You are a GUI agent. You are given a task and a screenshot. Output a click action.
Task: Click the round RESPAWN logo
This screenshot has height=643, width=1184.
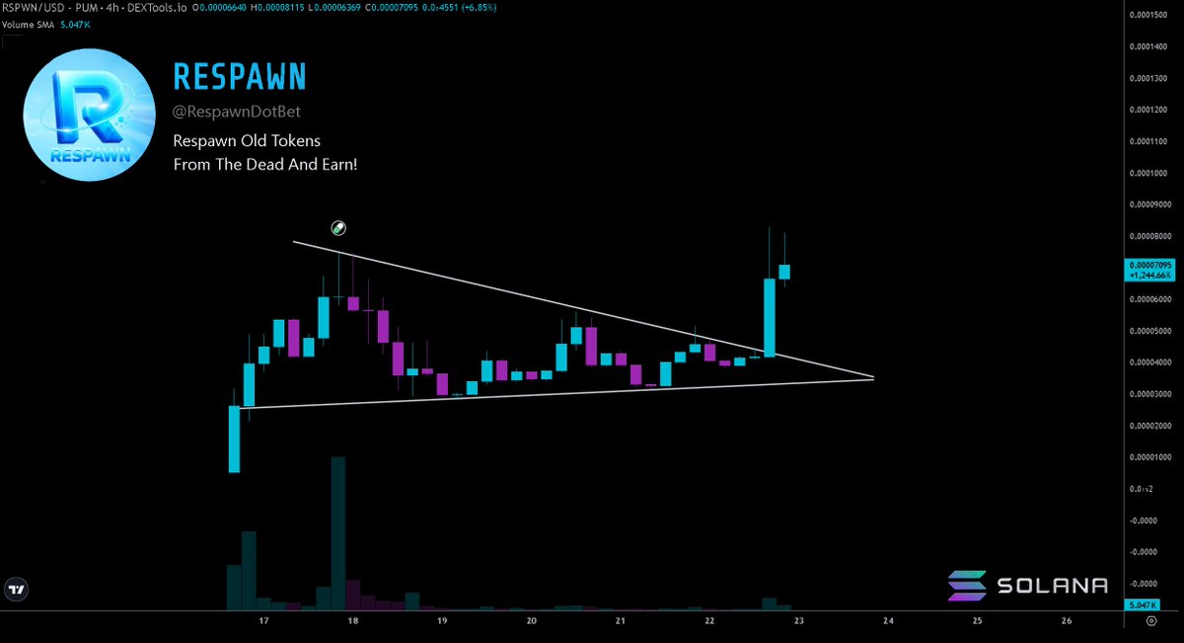[89, 115]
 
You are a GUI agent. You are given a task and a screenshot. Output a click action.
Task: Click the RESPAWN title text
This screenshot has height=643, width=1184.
[239, 75]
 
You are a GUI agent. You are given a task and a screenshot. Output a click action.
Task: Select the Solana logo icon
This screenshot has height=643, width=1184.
[966, 586]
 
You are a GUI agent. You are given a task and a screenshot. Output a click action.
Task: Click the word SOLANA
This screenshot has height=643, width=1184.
[1051, 586]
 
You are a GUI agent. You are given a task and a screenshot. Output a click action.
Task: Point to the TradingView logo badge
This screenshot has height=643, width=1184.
[17, 590]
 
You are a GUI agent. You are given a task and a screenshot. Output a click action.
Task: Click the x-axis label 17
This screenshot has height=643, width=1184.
[263, 621]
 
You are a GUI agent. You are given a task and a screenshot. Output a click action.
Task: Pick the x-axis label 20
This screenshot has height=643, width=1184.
[532, 621]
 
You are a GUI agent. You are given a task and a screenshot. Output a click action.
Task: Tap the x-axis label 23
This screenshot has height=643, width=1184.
[799, 621]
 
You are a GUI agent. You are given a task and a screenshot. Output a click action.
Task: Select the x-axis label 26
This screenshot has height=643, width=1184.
[1067, 621]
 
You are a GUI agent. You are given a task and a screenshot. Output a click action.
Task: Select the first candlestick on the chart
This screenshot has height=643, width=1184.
[234, 439]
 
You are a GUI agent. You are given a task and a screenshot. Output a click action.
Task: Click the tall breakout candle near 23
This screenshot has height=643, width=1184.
[770, 316]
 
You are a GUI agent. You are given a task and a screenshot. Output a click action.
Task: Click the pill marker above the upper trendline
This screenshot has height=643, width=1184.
[338, 229]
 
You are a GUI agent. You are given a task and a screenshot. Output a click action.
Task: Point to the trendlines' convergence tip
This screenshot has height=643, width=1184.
[873, 377]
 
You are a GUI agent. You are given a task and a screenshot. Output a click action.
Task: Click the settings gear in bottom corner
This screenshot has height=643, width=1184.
[1151, 621]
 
